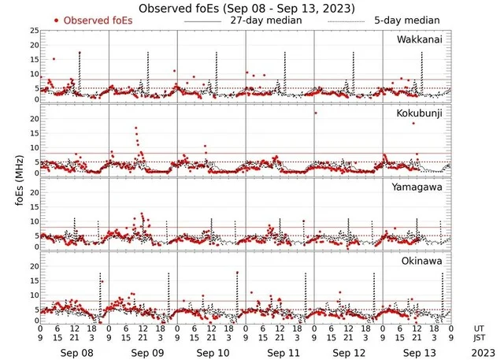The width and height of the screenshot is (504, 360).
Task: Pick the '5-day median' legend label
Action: click(409, 20)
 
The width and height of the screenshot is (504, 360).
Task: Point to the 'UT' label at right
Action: click(479, 328)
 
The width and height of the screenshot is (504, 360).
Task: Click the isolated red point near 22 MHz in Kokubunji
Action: click(316, 113)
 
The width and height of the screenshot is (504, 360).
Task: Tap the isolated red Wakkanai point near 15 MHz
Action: click(54, 59)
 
